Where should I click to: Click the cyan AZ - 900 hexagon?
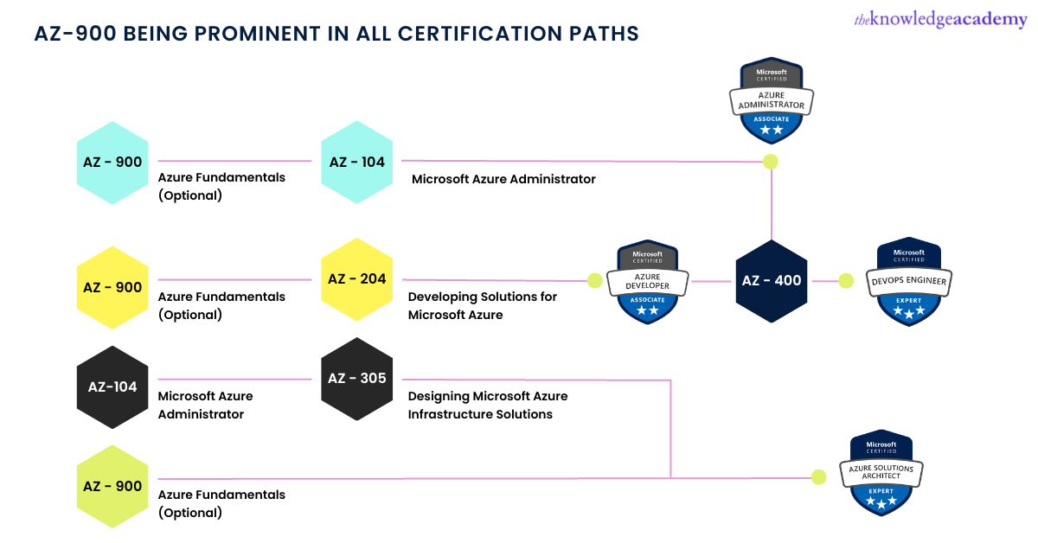pyautogui.click(x=112, y=162)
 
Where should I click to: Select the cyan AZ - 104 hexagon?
pyautogui.click(x=356, y=162)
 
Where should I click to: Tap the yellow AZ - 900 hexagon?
pyautogui.click(x=112, y=287)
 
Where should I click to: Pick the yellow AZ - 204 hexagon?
pyautogui.click(x=356, y=279)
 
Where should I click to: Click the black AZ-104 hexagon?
pyautogui.click(x=112, y=386)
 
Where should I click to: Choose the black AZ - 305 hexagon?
pyautogui.click(x=356, y=379)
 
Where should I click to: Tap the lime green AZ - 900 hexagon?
pyautogui.click(x=112, y=486)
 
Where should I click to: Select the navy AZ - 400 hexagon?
pyautogui.click(x=771, y=280)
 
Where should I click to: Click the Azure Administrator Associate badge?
pyautogui.click(x=772, y=100)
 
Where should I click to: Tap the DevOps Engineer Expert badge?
pyautogui.click(x=907, y=282)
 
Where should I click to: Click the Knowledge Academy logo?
pyautogui.click(x=939, y=21)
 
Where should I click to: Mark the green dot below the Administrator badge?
pyautogui.click(x=770, y=162)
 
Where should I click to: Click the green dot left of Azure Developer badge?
pyautogui.click(x=594, y=280)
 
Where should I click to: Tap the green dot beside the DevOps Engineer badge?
pyautogui.click(x=846, y=280)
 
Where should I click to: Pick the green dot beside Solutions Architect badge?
pyautogui.click(x=818, y=476)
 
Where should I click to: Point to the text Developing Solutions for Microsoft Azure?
pyautogui.click(x=482, y=305)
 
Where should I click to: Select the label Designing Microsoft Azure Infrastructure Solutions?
pyautogui.click(x=488, y=405)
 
